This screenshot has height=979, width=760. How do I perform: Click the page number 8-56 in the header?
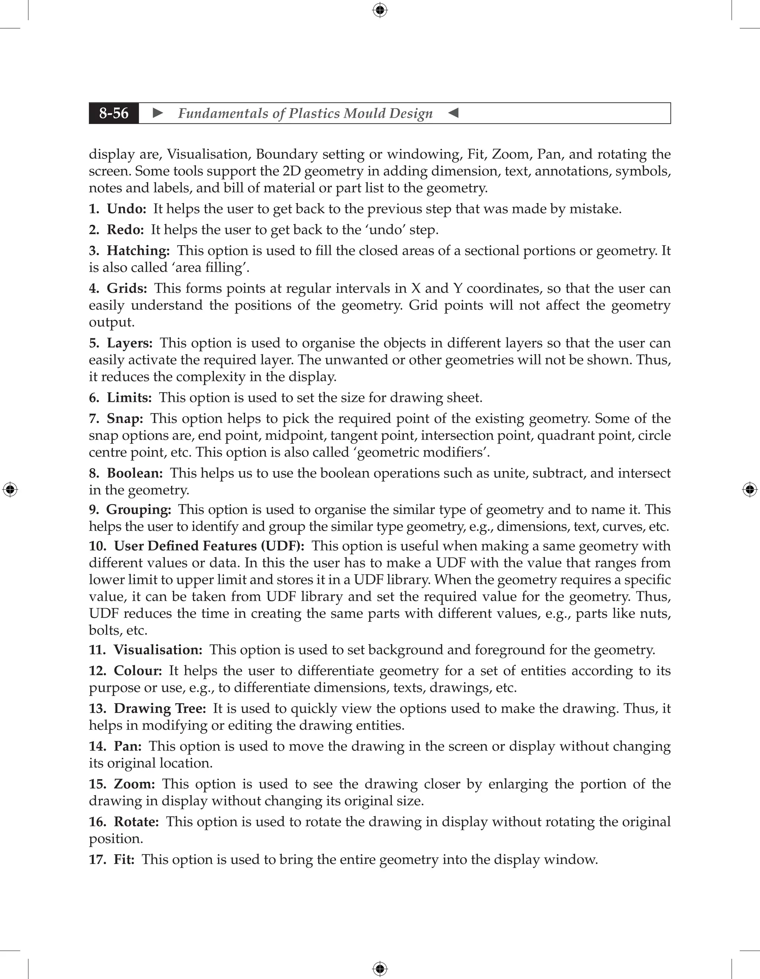point(114,113)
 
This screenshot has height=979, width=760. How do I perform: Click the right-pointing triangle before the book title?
point(158,113)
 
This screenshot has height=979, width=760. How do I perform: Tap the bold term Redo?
point(125,230)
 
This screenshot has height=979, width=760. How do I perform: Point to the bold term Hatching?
point(138,251)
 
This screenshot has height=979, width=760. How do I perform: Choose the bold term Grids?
point(127,288)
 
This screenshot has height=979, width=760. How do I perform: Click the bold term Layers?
point(130,343)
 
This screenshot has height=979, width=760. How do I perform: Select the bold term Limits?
point(129,398)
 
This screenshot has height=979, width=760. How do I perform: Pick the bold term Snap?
point(125,419)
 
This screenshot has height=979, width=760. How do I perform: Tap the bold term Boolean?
point(134,474)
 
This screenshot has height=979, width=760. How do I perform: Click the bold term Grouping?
point(138,510)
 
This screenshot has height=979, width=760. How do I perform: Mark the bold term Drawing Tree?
point(160,709)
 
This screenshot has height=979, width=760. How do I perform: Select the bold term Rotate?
point(136,822)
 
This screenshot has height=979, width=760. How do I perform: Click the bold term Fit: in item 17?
point(124,859)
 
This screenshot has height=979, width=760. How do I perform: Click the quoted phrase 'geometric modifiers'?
point(422,452)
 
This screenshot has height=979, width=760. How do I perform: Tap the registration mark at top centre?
point(380,10)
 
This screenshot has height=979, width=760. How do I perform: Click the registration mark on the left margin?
point(10,489)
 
